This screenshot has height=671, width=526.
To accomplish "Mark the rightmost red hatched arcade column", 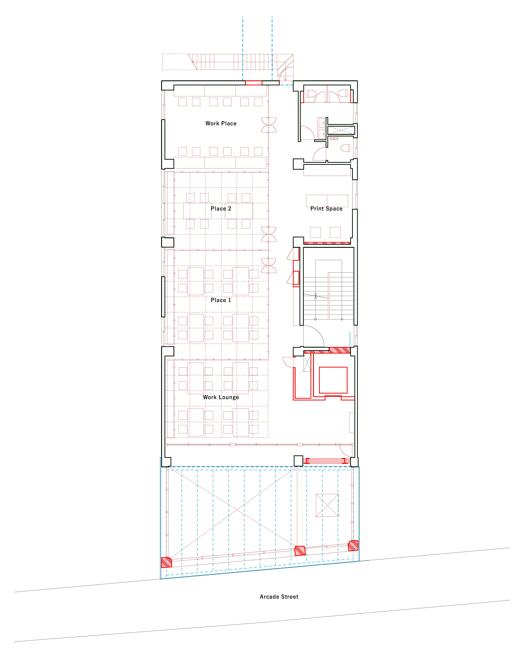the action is [353, 545].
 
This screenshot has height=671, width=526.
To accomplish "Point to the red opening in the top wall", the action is [254, 83].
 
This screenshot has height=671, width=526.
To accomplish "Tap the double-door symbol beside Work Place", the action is [269, 125].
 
